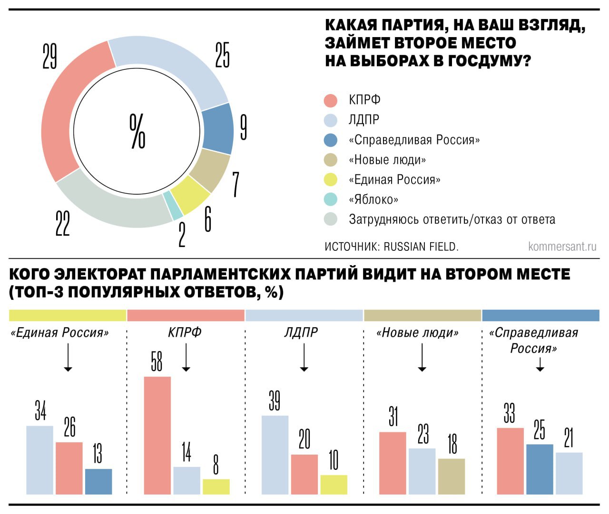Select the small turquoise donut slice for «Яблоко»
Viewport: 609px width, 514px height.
(x=173, y=206)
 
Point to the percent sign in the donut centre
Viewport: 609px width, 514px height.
(x=138, y=131)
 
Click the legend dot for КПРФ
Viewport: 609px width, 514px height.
(x=330, y=100)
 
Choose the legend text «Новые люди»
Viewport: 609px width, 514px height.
(x=387, y=160)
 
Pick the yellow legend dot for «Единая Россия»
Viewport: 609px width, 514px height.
(x=330, y=180)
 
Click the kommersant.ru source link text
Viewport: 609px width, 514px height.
(x=562, y=247)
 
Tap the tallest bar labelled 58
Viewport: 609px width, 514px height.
(x=157, y=435)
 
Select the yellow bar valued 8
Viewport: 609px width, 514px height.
(x=216, y=486)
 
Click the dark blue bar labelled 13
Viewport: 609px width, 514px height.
(x=98, y=481)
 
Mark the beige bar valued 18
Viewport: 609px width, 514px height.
(x=452, y=476)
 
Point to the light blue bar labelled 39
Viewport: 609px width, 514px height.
(x=275, y=455)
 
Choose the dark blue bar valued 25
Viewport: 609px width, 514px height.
(x=540, y=469)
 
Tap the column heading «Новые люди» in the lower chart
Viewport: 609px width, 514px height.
(x=418, y=333)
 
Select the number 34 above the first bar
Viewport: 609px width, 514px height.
(x=40, y=411)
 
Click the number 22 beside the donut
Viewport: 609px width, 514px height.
(x=62, y=223)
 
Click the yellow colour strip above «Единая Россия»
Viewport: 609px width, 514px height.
(x=68, y=315)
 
